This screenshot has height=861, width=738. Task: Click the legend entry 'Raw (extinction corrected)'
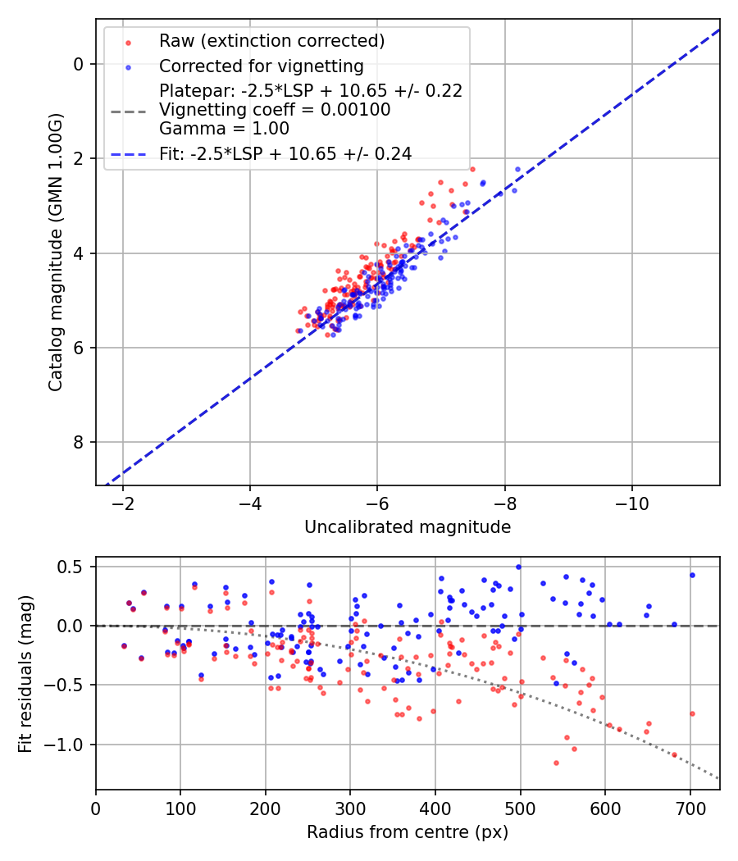point(271,41)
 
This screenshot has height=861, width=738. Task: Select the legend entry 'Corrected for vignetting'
point(261,66)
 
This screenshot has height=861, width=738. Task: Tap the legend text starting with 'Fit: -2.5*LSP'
point(285,153)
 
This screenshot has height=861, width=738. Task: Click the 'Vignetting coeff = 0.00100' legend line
point(275,109)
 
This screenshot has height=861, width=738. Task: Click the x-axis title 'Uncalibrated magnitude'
point(408,527)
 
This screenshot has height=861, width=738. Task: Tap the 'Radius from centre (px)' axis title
point(408,832)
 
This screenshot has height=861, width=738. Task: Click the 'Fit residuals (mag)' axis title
point(25,673)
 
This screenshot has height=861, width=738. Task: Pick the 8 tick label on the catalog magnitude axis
point(80,443)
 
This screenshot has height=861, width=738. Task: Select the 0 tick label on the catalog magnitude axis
point(80,64)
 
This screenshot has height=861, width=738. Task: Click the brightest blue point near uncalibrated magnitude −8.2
point(517,169)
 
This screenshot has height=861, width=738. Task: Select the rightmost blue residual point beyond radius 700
point(692,575)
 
